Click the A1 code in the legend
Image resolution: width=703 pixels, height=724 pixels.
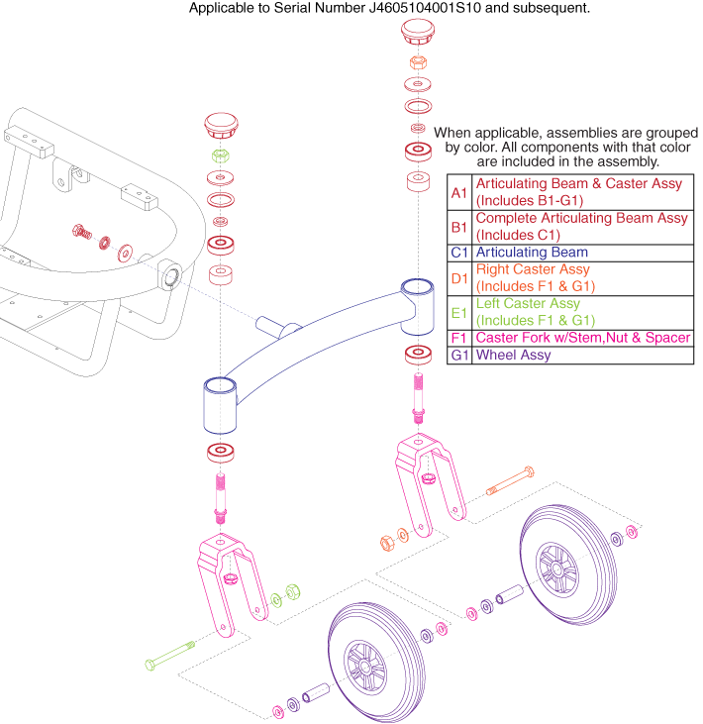(x=458, y=192)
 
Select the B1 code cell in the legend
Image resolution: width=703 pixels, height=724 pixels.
(x=458, y=226)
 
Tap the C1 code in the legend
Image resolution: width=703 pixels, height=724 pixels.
(x=458, y=253)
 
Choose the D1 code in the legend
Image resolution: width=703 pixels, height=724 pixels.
(x=458, y=277)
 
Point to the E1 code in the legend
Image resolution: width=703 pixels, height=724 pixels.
(x=458, y=312)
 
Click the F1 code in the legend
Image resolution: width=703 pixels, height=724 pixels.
(x=458, y=338)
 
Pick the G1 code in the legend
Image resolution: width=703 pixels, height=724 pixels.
(x=458, y=355)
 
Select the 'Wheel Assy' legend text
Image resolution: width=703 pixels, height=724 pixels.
(x=514, y=355)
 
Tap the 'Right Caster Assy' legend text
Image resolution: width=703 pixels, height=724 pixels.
(x=533, y=269)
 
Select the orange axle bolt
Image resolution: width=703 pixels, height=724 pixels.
(x=510, y=481)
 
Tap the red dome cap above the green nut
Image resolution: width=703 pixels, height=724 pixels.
(x=220, y=127)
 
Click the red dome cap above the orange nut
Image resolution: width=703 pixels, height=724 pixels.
(x=416, y=32)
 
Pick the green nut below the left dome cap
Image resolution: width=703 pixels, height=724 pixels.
(x=220, y=155)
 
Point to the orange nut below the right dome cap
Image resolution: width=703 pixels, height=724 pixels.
(x=417, y=61)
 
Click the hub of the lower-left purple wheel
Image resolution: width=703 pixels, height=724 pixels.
(x=359, y=665)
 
